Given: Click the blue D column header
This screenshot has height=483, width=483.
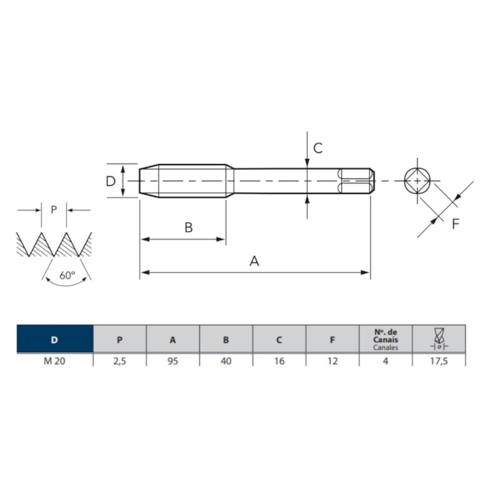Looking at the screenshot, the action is click(55, 339).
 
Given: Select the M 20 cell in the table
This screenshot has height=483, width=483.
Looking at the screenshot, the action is click(54, 360).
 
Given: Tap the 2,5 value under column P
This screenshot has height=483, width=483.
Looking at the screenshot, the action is click(120, 360).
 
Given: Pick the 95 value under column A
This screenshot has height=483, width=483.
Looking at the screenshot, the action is click(173, 360).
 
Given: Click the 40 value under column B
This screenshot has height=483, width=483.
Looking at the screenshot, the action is click(226, 360).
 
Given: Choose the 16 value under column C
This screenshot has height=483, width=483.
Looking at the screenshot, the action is click(279, 360).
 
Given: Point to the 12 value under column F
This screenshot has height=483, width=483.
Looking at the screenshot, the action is click(333, 360).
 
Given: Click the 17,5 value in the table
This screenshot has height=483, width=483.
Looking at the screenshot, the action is click(439, 360).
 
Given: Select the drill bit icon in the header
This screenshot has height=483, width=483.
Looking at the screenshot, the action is click(439, 339).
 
